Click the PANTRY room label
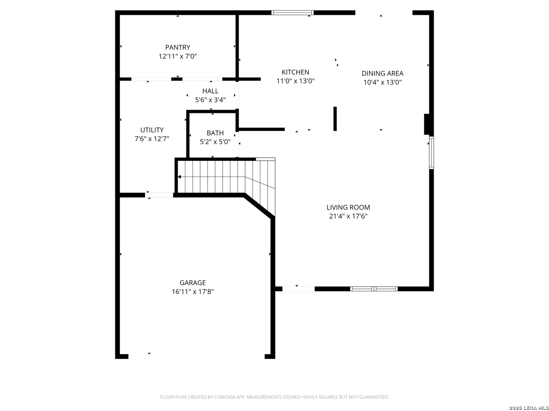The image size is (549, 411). (x=177, y=48)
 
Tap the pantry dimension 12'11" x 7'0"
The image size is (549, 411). (x=177, y=56)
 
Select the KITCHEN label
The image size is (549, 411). (x=295, y=72)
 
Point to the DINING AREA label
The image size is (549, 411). (x=382, y=73)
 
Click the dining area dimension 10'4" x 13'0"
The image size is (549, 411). (x=382, y=82)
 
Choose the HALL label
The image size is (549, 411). (x=210, y=91)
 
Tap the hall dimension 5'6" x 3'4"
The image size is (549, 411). (x=210, y=100)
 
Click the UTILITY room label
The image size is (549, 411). (x=152, y=130)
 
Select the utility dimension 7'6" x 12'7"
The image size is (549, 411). (x=152, y=139)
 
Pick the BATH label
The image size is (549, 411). (x=215, y=133)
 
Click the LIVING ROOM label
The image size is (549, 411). (x=348, y=207)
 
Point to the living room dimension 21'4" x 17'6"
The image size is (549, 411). (x=348, y=216)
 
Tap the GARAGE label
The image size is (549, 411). (x=192, y=283)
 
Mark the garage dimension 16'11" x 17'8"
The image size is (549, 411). (x=192, y=292)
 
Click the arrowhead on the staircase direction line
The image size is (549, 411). (x=179, y=177)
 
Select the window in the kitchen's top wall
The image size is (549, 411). (x=292, y=13)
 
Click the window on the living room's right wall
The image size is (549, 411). (x=431, y=153)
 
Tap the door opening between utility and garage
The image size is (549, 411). (x=159, y=195)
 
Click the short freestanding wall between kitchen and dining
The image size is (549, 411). (x=335, y=118)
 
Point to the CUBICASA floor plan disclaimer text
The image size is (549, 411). (x=274, y=397)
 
